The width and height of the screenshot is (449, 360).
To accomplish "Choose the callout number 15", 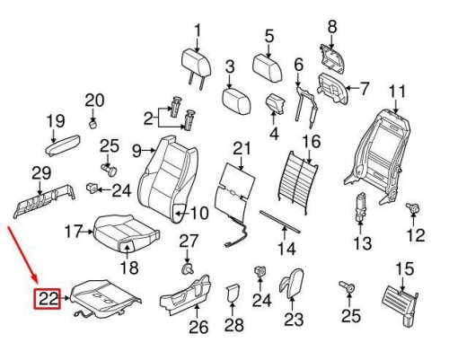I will click(404, 268).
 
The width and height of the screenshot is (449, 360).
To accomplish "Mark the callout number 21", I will click(239, 148).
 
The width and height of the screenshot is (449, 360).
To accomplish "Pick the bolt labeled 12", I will click(414, 210).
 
